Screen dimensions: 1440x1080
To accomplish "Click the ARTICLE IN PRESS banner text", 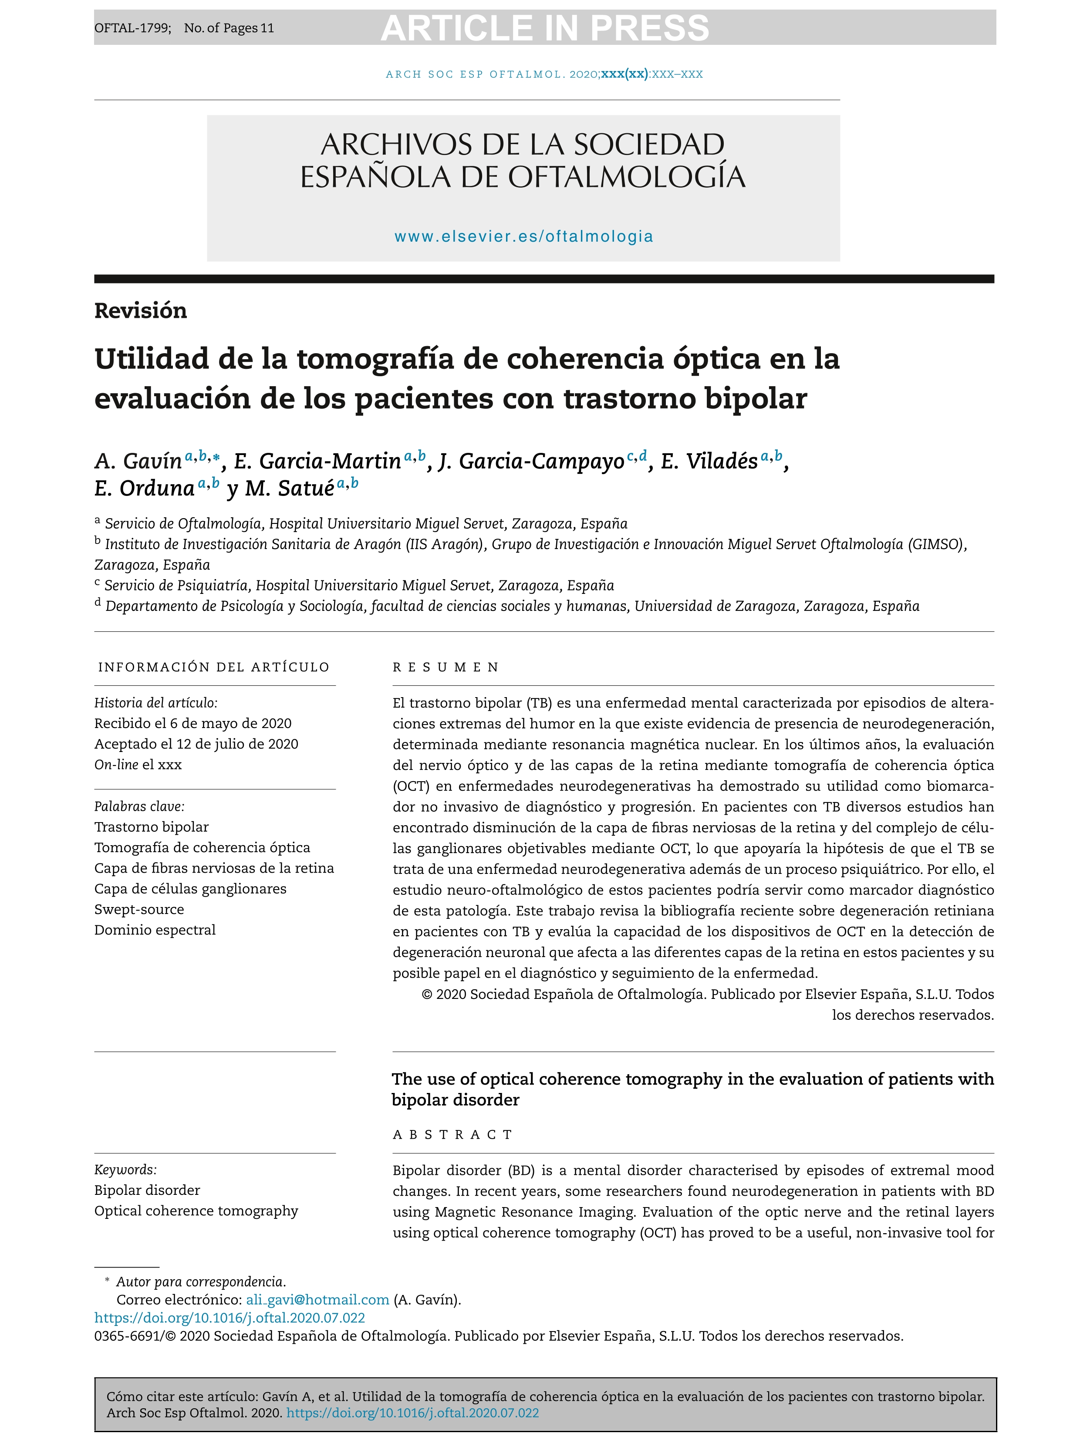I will (544, 28).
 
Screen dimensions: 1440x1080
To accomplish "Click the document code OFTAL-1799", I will (132, 28).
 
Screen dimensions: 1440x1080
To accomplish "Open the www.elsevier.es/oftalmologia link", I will (523, 236).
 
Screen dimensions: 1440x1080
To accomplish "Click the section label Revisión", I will (141, 310).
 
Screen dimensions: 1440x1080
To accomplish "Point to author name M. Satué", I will (290, 488).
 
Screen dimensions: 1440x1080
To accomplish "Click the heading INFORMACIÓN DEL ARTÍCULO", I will (213, 667).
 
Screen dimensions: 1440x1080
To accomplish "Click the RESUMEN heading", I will (446, 667).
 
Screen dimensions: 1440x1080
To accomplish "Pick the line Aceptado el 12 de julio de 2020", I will (196, 744).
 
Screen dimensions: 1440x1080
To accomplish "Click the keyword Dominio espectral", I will (155, 930).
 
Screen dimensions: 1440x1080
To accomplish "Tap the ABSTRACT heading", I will (453, 1135).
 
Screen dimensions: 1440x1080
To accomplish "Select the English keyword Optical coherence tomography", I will (196, 1211).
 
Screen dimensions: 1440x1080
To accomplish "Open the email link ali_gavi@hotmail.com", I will (317, 1300).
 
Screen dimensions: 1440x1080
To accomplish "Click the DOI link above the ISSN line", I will (230, 1318).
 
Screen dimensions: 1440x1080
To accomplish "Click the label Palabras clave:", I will (139, 806).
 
